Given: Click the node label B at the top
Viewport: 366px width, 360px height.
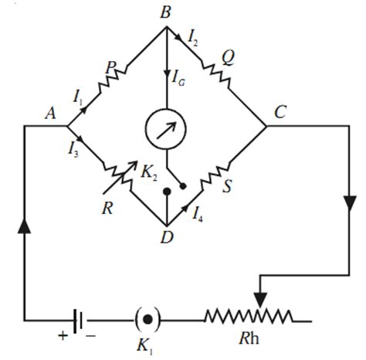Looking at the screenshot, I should [x=164, y=13].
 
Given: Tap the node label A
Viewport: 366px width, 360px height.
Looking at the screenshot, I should [x=52, y=114].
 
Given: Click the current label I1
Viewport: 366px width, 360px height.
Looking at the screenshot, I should [x=78, y=96].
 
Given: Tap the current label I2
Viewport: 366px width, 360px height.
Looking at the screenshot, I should [x=195, y=35].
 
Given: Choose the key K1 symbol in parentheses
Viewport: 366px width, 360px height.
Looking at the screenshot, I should [x=148, y=318].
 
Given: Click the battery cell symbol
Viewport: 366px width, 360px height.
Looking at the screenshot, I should [x=77, y=318].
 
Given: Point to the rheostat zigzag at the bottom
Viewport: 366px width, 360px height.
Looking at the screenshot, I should [x=247, y=318].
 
